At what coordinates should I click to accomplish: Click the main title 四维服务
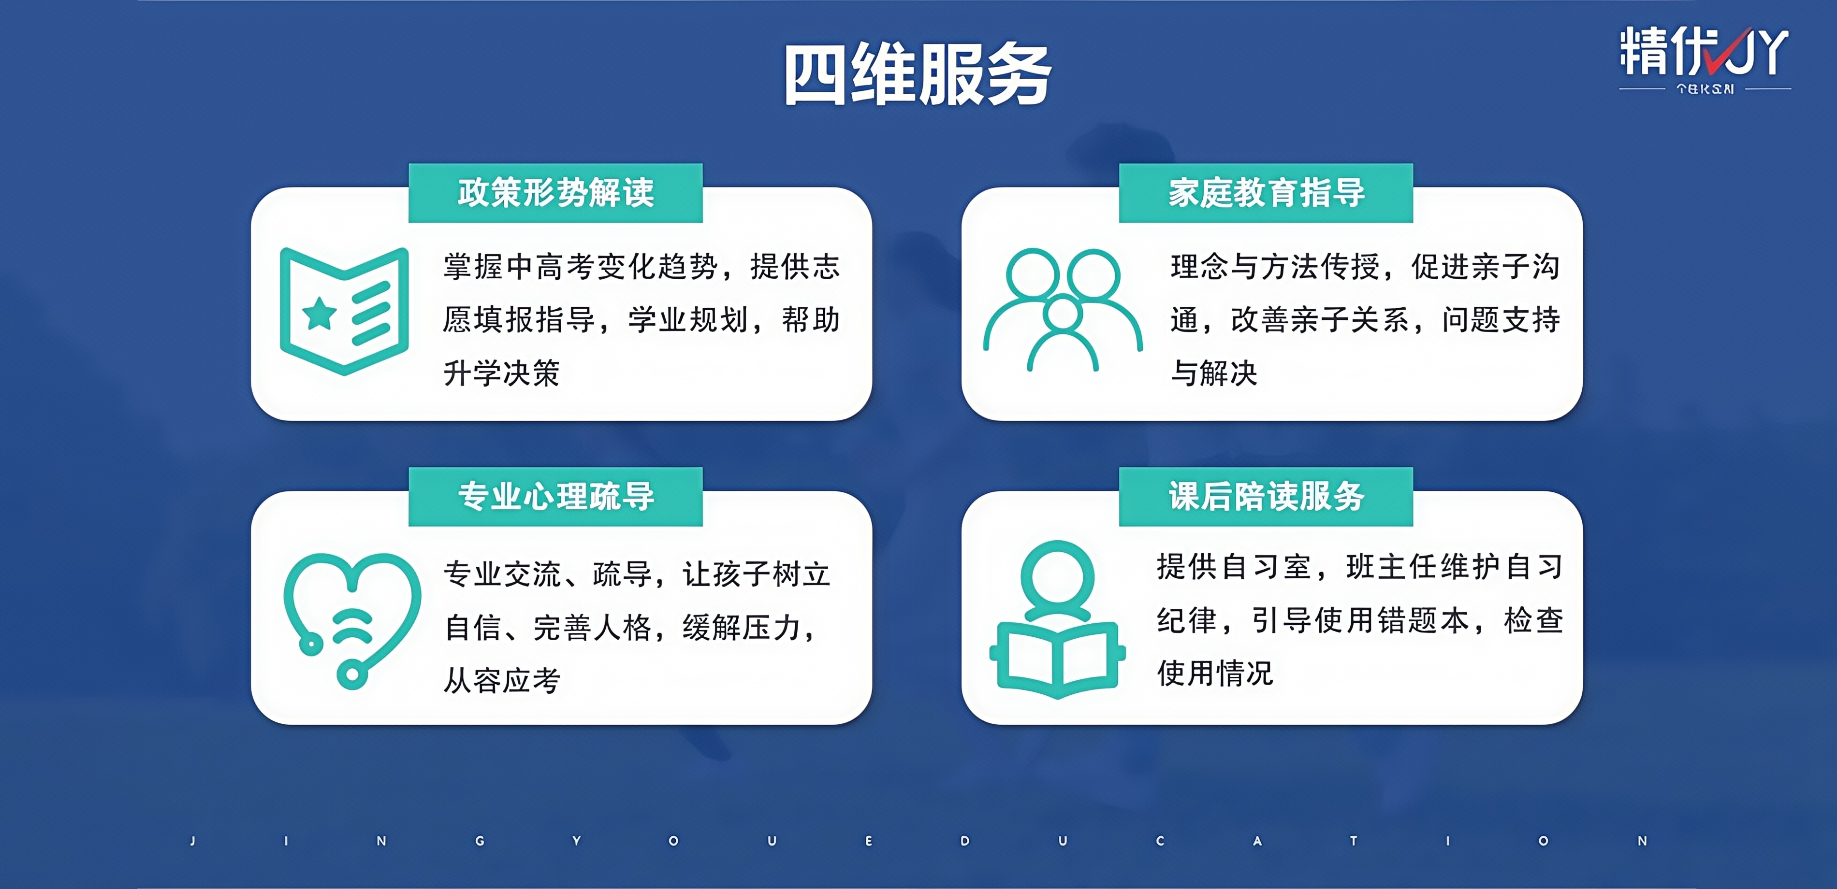(918, 74)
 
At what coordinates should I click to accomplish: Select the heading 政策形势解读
(555, 192)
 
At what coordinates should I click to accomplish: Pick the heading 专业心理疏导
(555, 496)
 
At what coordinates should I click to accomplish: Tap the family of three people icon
(1063, 309)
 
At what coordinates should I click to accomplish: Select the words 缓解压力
(741, 627)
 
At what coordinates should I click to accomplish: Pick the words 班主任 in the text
(1392, 567)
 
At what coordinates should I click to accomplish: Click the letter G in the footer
(480, 841)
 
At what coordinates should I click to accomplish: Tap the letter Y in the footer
(576, 841)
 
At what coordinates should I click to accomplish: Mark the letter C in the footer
(1160, 841)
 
